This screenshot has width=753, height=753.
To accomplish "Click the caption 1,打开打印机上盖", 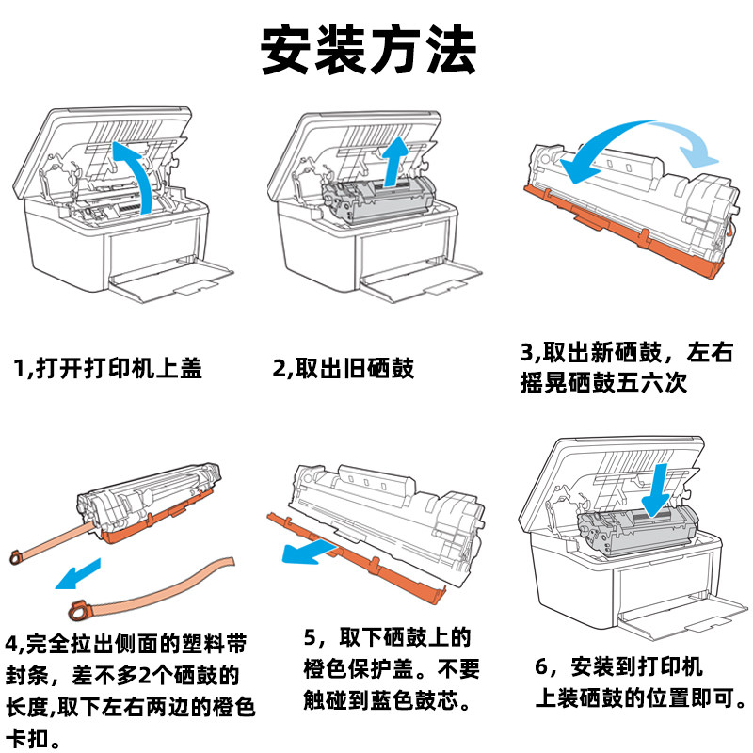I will (x=108, y=368).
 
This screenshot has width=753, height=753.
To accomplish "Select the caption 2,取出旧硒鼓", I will (x=343, y=368).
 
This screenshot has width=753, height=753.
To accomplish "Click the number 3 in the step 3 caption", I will (x=527, y=354).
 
